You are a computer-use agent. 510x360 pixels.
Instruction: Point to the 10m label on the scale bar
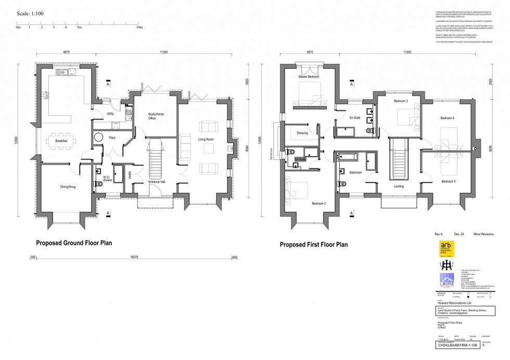tap(139, 27)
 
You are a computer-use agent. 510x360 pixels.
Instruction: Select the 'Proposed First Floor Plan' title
tap(313, 244)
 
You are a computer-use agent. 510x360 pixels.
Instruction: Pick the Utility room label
tap(110, 113)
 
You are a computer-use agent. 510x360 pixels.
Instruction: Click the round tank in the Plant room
tap(98, 137)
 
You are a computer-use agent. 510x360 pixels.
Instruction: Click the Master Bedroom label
tap(309, 76)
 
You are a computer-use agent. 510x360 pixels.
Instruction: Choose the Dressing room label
tap(302, 133)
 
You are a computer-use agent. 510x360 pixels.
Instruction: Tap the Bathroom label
tap(355, 172)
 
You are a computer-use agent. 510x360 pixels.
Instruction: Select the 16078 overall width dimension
tap(134, 257)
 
